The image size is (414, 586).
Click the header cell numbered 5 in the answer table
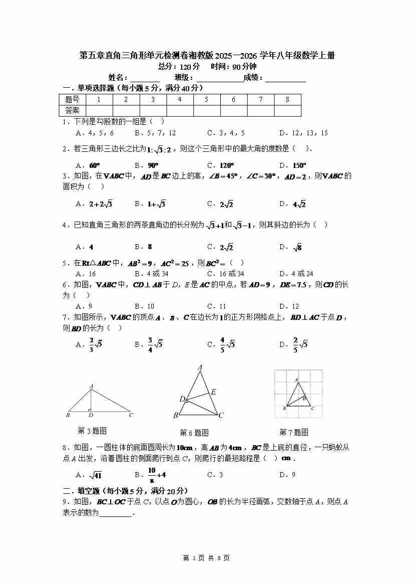coord(206,99)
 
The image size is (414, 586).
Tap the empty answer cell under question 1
coord(99,110)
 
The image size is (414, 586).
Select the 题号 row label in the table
coord(72,99)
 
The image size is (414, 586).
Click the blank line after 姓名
coord(145,78)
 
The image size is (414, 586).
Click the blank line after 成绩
coord(285,78)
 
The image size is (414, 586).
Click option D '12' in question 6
coord(289,306)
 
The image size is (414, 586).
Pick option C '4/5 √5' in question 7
coord(222,344)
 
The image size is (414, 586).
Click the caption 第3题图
coord(92,431)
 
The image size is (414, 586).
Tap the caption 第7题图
coord(293,432)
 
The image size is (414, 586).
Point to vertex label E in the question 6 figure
coord(214,392)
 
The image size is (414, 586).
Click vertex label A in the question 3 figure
coord(91,386)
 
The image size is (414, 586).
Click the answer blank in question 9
coord(116,513)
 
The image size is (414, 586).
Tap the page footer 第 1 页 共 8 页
coord(207,558)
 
